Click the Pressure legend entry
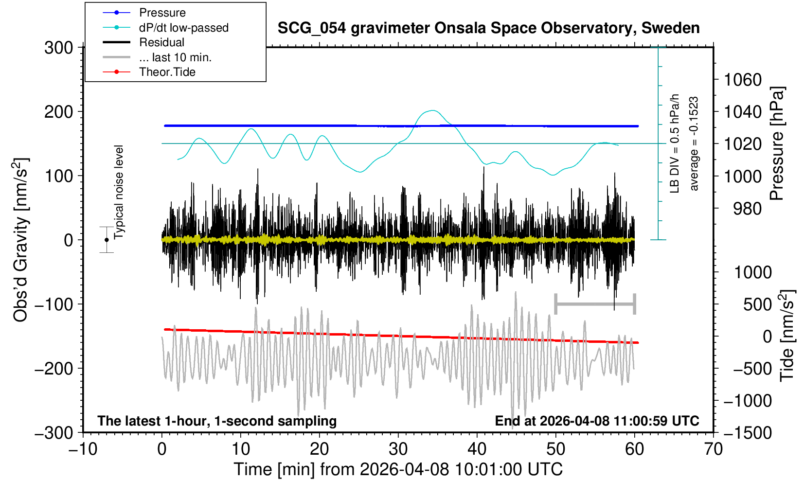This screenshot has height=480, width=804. tap(162, 13)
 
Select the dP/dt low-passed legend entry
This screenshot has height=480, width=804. tap(183, 28)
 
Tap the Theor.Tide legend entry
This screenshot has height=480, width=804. tap(167, 72)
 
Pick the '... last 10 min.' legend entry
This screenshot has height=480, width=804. tap(175, 57)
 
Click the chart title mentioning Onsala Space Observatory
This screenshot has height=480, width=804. tap(488, 28)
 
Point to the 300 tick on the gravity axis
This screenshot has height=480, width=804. tap(58, 48)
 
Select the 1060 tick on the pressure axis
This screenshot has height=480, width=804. tap(742, 79)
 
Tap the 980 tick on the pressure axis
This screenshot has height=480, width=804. tap(747, 209)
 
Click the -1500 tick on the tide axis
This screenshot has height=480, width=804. tap(748, 432)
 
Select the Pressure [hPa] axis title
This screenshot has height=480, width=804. tap(777, 143)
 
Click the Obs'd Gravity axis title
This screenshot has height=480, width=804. tap(20, 240)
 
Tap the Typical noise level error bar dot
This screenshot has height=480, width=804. tap(107, 240)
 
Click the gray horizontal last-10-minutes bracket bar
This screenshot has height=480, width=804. tap(595, 304)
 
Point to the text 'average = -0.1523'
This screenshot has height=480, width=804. tap(694, 143)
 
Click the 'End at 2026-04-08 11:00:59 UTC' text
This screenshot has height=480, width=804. tap(597, 421)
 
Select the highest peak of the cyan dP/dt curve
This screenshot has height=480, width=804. tap(433, 110)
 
